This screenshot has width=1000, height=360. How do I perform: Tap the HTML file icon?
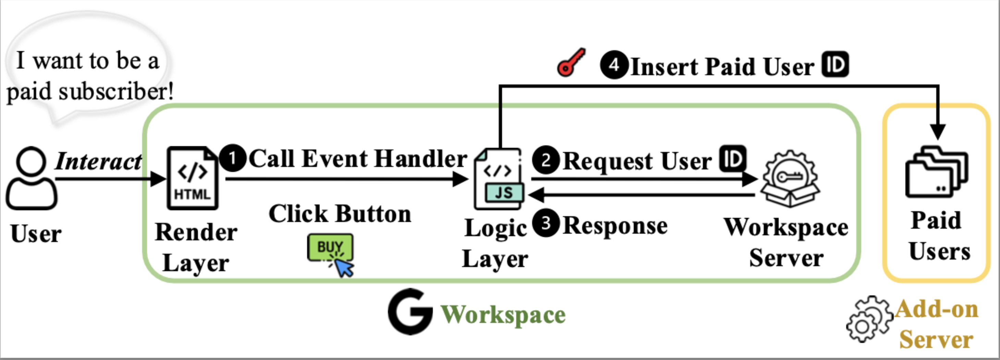(x=192, y=179)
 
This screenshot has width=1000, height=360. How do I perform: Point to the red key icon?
(x=571, y=63)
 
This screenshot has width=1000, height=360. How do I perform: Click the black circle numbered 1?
(x=233, y=158)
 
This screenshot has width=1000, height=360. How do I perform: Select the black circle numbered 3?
(x=546, y=223)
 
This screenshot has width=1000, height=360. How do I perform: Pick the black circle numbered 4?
(x=614, y=65)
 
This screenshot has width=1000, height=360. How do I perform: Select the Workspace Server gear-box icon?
(x=790, y=179)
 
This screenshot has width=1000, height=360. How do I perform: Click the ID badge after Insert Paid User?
(x=835, y=64)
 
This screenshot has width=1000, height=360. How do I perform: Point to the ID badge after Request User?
(x=733, y=158)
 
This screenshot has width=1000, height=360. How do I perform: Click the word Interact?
(x=99, y=161)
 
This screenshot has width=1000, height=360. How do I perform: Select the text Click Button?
(x=340, y=214)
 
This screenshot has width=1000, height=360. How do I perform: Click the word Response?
(x=615, y=226)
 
